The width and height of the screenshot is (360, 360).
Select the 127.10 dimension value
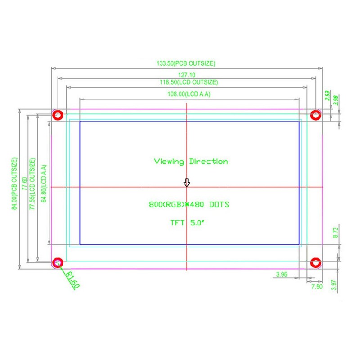pos(187,75)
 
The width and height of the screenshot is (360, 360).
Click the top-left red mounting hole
pos(58,115)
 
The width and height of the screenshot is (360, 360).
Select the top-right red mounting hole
pos(316,115)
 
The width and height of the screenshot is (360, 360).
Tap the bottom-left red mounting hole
pos(58,262)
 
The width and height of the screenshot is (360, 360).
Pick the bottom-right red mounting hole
pos(316,262)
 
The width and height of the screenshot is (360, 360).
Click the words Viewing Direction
pos(191,162)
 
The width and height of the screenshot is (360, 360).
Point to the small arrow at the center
pos(187,182)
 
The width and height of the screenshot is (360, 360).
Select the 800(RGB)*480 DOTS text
pos(189,205)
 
